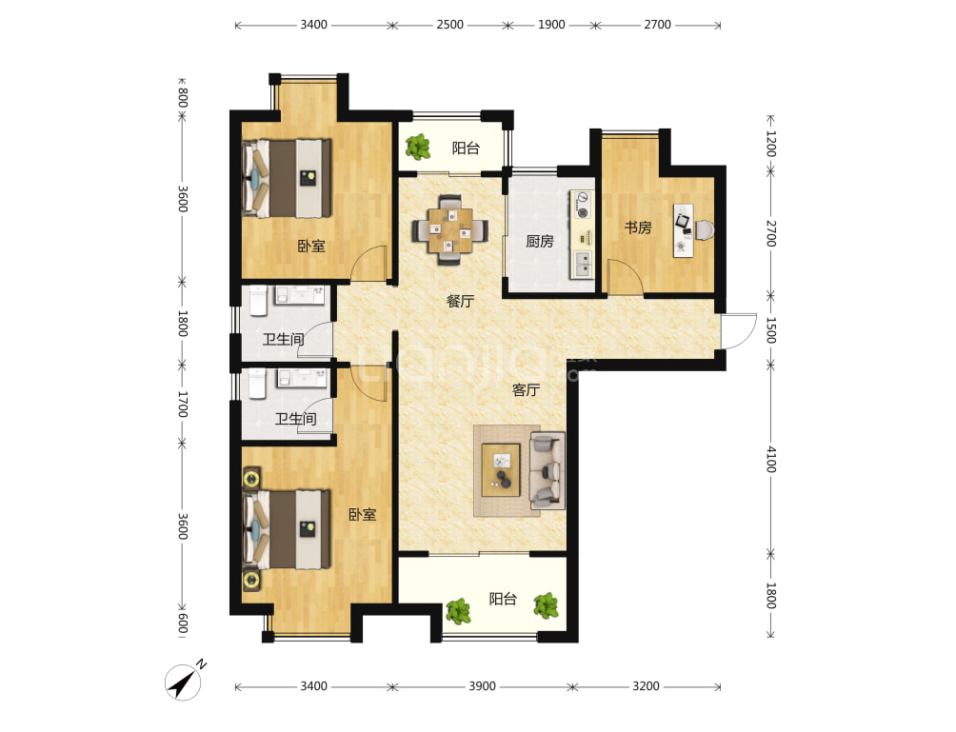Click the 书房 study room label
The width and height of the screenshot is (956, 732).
pos(638,228)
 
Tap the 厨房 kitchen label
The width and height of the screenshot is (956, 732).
pos(540,242)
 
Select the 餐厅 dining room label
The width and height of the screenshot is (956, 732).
pos(460,301)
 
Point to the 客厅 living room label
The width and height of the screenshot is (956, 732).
pos(526,389)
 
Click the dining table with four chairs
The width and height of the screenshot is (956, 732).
pos(450,230)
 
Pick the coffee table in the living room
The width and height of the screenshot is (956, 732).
pos(501,470)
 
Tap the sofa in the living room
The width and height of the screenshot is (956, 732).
pos(548,470)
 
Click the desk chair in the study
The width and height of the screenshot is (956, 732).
pos(705,230)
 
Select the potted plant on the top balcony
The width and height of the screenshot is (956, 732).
pos(418,147)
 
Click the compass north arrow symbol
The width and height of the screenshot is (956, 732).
pos(184,682)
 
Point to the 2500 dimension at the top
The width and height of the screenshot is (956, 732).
pos(450,25)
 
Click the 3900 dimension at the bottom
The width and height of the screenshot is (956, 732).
pos(482,686)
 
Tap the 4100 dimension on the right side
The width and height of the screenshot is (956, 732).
pos(771,459)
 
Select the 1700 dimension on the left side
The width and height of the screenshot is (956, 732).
pos(182,404)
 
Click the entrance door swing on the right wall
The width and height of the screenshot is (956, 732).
pos(739,331)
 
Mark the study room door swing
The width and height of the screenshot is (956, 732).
pos(625,277)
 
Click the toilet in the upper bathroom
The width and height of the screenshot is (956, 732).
pos(258,301)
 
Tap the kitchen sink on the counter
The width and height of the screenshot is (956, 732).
pos(583,264)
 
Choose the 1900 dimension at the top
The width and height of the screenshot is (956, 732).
pos(551,25)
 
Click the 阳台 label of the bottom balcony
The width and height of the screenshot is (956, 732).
pos(503,599)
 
